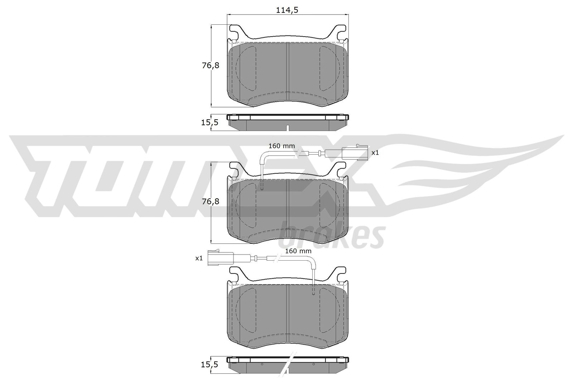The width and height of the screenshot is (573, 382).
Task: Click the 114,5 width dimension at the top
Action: (x=287, y=10)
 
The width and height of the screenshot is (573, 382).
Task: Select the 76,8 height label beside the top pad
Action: (x=211, y=66)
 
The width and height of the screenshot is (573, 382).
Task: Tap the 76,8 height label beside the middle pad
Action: (x=211, y=202)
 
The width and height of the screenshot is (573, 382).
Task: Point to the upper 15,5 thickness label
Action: (x=210, y=122)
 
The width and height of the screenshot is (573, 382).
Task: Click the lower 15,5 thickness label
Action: (x=210, y=364)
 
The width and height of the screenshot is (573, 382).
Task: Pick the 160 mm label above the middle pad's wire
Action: (x=281, y=146)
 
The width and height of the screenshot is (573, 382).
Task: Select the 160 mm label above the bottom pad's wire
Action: (x=298, y=251)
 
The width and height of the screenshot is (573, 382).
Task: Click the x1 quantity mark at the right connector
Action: (x=375, y=153)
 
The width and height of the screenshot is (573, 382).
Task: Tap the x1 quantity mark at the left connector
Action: (x=199, y=258)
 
